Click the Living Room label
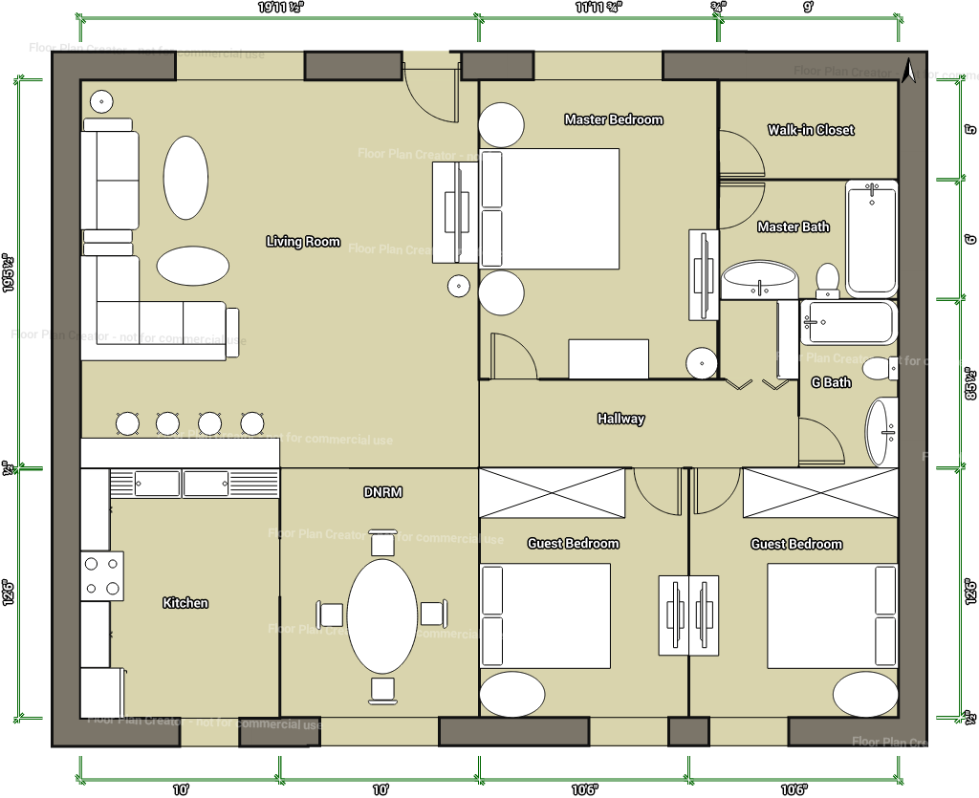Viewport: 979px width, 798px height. coord(303,242)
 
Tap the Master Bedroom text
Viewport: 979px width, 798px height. coord(613,119)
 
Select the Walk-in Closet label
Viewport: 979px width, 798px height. coord(811,130)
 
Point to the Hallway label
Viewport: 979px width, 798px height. coord(620,419)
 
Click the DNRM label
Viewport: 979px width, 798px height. coord(382,492)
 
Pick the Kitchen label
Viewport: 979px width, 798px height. coord(185,603)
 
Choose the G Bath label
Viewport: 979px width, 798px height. coord(831,382)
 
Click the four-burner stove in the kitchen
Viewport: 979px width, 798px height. coord(102,576)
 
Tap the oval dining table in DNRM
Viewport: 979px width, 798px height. coord(381,616)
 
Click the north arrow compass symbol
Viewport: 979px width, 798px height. coord(909,70)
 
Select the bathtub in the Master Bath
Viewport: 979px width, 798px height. coord(871,238)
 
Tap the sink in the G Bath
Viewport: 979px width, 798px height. coord(881,432)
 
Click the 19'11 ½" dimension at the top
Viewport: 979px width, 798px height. coord(277,7)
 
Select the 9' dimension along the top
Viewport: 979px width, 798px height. coord(808,7)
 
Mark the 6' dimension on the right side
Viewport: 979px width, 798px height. coord(969,239)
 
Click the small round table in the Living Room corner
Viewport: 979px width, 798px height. coord(101,100)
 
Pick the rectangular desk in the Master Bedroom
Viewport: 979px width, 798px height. coord(609,358)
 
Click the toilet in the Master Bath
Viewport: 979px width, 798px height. coord(828,279)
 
